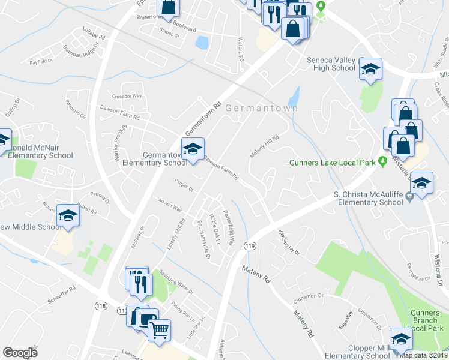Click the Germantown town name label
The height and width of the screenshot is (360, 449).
pos(262,109)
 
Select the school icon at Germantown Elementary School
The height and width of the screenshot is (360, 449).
pos(193,149)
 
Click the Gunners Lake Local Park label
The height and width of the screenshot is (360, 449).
pos(331,162)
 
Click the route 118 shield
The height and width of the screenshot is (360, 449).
pos(100,306)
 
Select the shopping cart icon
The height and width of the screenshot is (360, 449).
pos(159,329)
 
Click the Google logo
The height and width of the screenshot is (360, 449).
pos(20,353)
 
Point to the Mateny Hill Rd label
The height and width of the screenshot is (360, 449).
pos(265,147)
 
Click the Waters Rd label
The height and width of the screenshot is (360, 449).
pos(240,50)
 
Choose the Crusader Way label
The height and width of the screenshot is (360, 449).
pos(127,96)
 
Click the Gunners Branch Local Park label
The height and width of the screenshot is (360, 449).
pos(427,320)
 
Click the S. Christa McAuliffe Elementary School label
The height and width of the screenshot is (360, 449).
pos(368,199)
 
